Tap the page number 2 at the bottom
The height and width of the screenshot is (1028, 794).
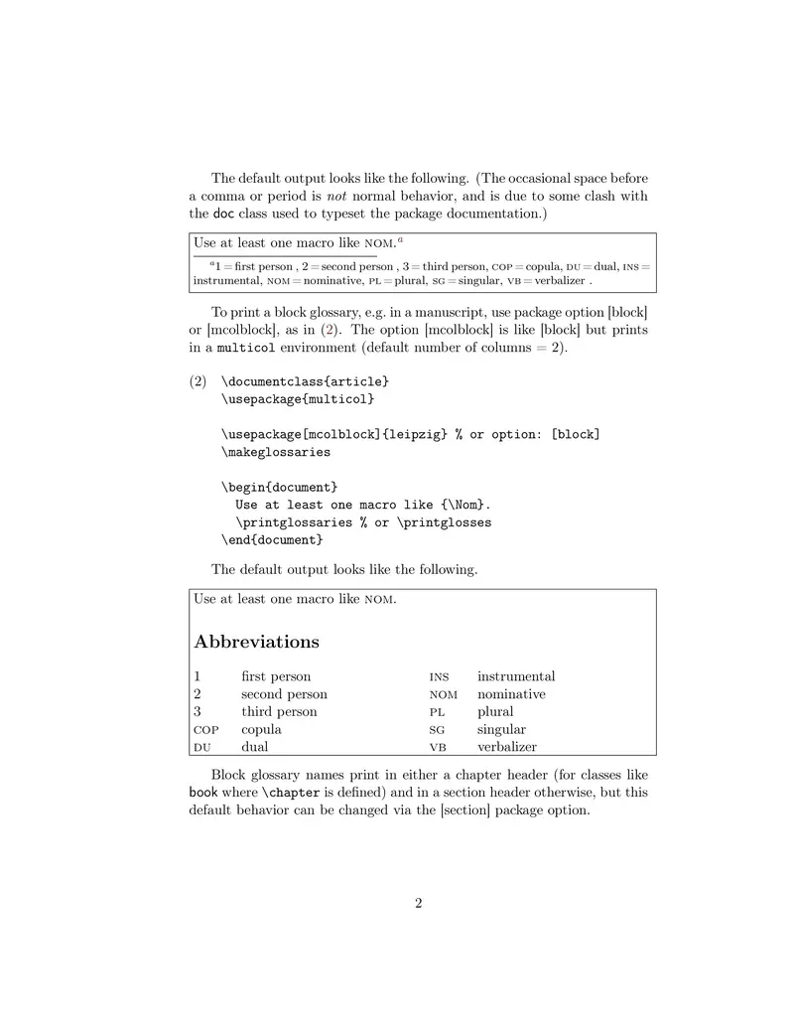pyautogui.click(x=418, y=903)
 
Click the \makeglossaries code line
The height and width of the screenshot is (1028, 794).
pyautogui.click(x=276, y=452)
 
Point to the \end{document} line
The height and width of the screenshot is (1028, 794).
pyautogui.click(x=272, y=539)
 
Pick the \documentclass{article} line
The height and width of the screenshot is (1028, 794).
pyautogui.click(x=305, y=381)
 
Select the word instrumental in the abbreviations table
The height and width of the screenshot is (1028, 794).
pyautogui.click(x=516, y=676)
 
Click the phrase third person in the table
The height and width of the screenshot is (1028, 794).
pyautogui.click(x=279, y=712)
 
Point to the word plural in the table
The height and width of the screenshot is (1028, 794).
pyautogui.click(x=495, y=712)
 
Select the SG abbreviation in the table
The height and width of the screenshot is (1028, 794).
pyautogui.click(x=437, y=730)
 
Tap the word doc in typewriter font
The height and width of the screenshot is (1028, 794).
pyautogui.click(x=224, y=214)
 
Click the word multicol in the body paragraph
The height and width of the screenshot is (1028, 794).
pyautogui.click(x=246, y=349)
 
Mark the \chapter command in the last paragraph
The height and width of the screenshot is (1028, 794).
pyautogui.click(x=287, y=793)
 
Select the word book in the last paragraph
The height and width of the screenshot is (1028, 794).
pyautogui.click(x=203, y=793)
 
